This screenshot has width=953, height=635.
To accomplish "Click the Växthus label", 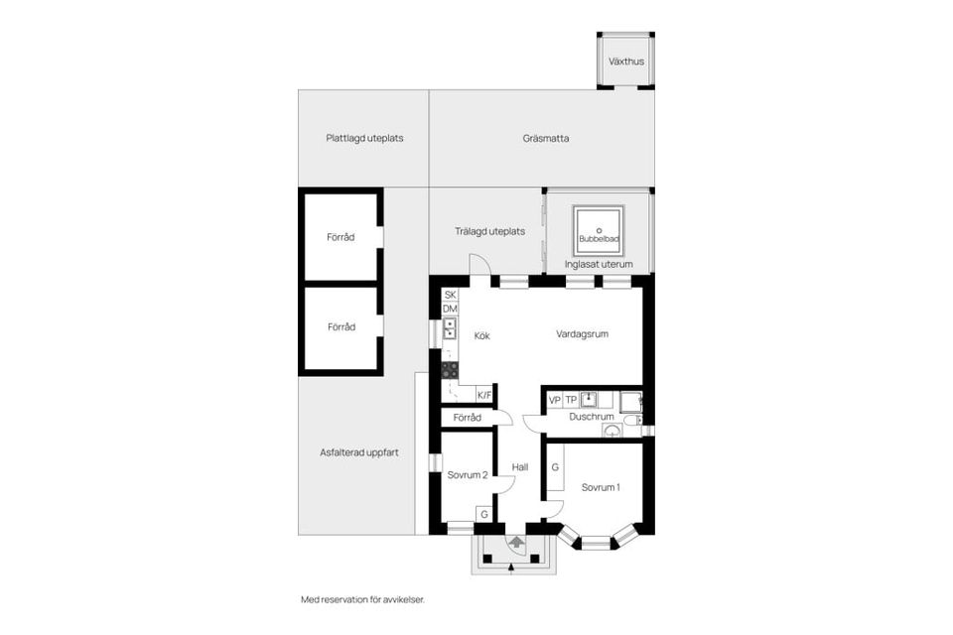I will (625, 62).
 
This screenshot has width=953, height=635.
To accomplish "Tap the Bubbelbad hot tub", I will (598, 229).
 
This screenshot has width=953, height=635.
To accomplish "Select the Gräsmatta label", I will (545, 139).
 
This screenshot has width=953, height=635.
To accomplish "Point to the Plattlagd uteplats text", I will (364, 139).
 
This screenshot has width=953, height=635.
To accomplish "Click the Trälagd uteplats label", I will (489, 231).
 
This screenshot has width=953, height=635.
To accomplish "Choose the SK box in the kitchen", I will (450, 295).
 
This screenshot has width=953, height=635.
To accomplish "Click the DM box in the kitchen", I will (450, 310).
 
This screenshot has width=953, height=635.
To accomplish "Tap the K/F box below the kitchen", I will (484, 395).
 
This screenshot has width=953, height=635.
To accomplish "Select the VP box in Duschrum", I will (555, 400).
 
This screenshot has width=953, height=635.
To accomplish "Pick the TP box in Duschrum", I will (571, 400).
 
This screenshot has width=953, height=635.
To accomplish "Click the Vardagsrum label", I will (582, 334).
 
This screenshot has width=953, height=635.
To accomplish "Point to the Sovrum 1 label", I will (601, 487).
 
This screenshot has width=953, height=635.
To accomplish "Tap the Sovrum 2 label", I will (468, 475).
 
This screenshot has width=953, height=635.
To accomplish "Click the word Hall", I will (519, 467).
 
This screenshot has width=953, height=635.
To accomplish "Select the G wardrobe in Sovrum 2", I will (483, 514).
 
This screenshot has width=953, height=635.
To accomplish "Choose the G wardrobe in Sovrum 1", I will (556, 467).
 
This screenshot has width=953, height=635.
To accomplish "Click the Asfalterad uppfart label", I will (359, 452).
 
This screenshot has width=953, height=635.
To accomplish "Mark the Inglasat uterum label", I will (599, 265).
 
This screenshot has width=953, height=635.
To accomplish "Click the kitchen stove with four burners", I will (450, 369).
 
